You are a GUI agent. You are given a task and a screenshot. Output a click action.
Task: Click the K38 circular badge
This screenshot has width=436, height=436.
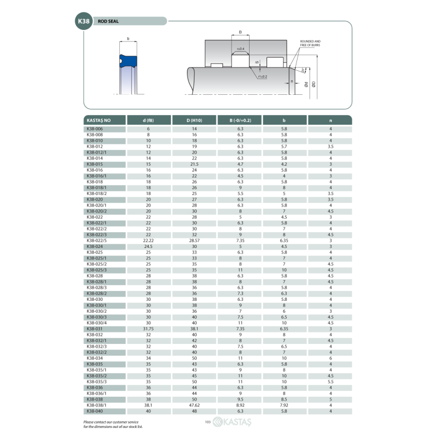pyautogui.click(x=84, y=21)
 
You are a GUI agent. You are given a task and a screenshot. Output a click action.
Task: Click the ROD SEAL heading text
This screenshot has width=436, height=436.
pyautogui.click(x=108, y=21)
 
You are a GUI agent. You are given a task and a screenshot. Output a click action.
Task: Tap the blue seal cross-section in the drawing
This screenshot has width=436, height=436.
pyautogui.click(x=128, y=61)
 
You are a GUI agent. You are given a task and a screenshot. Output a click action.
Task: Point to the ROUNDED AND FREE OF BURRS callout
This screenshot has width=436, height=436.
pyautogui.click(x=310, y=43)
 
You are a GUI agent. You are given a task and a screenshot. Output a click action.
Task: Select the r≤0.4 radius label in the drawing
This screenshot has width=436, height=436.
pyautogui.click(x=240, y=49)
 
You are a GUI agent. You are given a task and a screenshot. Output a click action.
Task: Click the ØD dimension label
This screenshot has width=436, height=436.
pyautogui.click(x=313, y=84)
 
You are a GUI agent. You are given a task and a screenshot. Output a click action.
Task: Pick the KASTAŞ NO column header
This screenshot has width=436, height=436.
pyautogui.click(x=99, y=120)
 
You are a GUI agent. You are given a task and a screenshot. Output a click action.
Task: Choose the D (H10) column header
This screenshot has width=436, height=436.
pyautogui.click(x=195, y=120)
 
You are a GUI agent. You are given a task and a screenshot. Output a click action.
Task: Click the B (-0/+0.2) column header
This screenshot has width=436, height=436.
pyautogui.click(x=240, y=120)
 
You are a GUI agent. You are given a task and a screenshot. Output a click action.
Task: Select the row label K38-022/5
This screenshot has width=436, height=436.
pyautogui.click(x=96, y=240)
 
